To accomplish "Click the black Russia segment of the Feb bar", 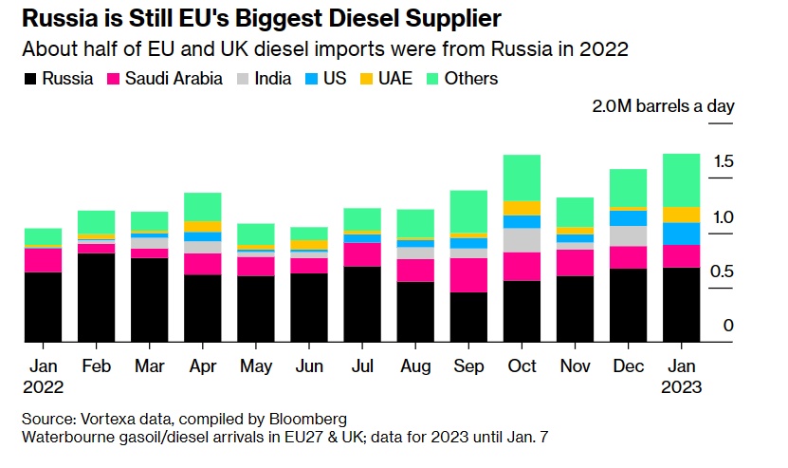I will click(x=96, y=297).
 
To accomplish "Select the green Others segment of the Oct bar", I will click(x=522, y=178).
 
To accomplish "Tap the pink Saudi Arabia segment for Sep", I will click(x=468, y=275).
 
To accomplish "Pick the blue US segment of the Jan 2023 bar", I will click(x=681, y=233).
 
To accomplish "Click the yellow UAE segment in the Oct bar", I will click(x=522, y=208).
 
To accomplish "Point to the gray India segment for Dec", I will click(x=628, y=235).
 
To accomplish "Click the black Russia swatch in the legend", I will click(x=30, y=79).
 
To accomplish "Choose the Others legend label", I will click(x=470, y=79).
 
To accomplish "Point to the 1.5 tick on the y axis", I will click(x=723, y=162).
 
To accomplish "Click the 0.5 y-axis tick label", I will click(x=723, y=271).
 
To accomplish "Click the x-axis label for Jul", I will click(x=362, y=365).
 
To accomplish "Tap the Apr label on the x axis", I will click(x=202, y=365).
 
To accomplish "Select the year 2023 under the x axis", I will click(x=681, y=387).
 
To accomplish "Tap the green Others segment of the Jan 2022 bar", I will click(x=43, y=236).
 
